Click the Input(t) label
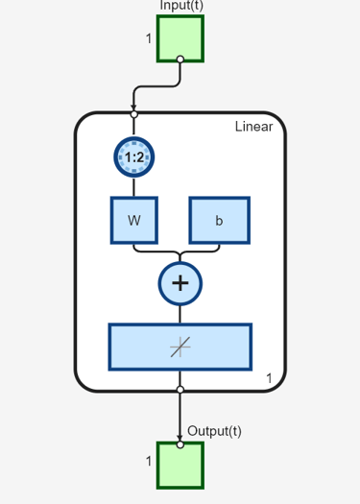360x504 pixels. (x=181, y=6)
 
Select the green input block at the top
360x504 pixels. (x=180, y=37)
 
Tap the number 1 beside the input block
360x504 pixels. (x=149, y=38)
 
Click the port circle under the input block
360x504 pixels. (x=180, y=60)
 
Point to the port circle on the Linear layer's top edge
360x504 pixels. (x=134, y=113)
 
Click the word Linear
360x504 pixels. (x=253, y=127)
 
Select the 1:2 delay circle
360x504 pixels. (x=134, y=156)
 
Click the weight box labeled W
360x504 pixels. (x=134, y=220)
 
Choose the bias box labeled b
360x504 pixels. (x=219, y=220)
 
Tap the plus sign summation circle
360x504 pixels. (x=180, y=282)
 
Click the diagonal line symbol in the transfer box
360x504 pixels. (x=180, y=347)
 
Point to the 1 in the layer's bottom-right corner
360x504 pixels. (x=270, y=379)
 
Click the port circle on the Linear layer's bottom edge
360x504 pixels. (x=180, y=390)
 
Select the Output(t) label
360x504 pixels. (x=214, y=431)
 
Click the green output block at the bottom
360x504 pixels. (x=180, y=465)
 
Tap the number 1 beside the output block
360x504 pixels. (x=149, y=461)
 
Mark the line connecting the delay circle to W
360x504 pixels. (x=134, y=187)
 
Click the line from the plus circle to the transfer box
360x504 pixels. (x=180, y=313)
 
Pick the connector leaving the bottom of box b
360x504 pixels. (x=219, y=246)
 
